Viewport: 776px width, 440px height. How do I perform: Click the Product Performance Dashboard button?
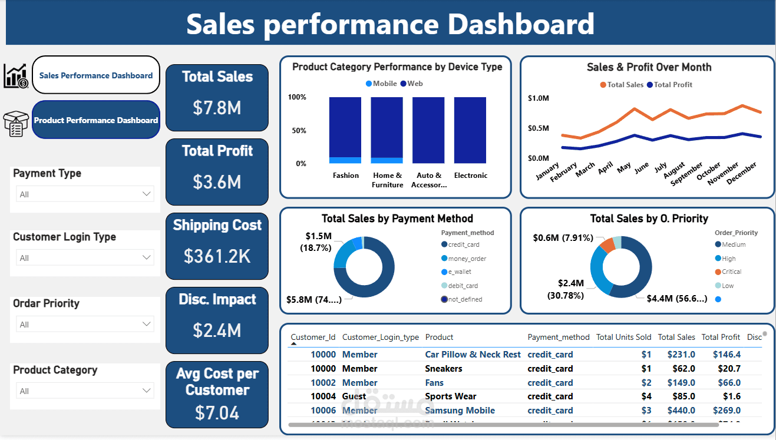point(96,120)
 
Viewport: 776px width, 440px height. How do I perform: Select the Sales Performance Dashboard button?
point(96,75)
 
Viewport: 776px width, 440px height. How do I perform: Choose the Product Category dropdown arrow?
point(147,391)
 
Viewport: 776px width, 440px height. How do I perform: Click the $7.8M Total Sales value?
point(217,108)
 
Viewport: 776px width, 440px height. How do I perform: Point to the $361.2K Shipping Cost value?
point(217,256)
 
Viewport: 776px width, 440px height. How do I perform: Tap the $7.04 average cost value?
point(217,413)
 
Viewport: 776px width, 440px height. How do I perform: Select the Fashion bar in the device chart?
point(345,130)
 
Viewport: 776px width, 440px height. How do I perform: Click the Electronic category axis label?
point(471,176)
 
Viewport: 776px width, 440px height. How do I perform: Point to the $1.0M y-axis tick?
point(538,98)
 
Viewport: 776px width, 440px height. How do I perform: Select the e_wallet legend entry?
point(459,272)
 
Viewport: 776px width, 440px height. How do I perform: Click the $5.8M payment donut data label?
point(313,299)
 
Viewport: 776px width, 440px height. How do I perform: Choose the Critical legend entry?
point(731,272)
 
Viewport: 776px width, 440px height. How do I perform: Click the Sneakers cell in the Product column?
point(444,369)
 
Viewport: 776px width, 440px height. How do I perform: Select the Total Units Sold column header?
point(623,338)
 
